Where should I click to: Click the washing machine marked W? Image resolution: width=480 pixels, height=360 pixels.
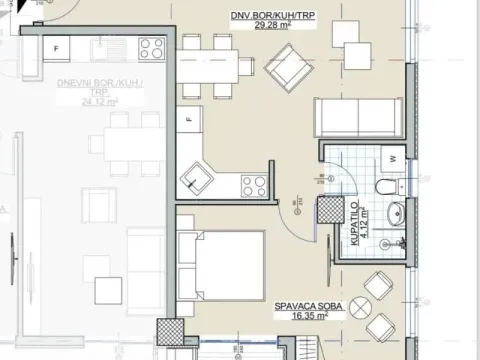393,158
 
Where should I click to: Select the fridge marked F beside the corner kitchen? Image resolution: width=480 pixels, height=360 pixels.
188,122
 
